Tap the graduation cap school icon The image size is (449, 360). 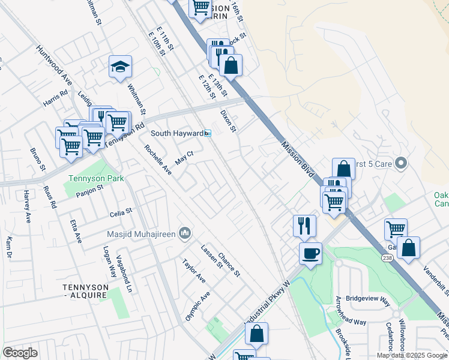coord(120,67)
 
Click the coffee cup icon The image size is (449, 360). coord(310,253)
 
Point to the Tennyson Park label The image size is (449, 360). coord(96,179)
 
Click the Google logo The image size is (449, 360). coord(20,353)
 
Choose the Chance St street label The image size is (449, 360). coord(229,265)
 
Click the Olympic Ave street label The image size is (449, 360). coord(197,306)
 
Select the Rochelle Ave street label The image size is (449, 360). coord(157,160)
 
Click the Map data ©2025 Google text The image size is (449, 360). coord(412,355)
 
